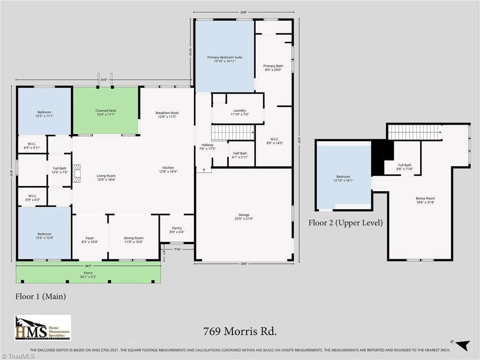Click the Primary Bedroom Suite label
[x=225, y=59]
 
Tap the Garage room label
[x=244, y=217]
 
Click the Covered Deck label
[x=105, y=112]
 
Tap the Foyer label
[x=90, y=240]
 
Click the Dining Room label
[x=134, y=240]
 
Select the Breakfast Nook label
[x=167, y=115]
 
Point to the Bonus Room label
[x=425, y=200]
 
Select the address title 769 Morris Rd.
[x=240, y=331]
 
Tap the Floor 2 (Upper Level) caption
[x=345, y=223]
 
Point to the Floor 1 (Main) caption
[x=41, y=296]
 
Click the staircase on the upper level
[x=415, y=132]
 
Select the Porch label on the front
[x=88, y=275]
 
